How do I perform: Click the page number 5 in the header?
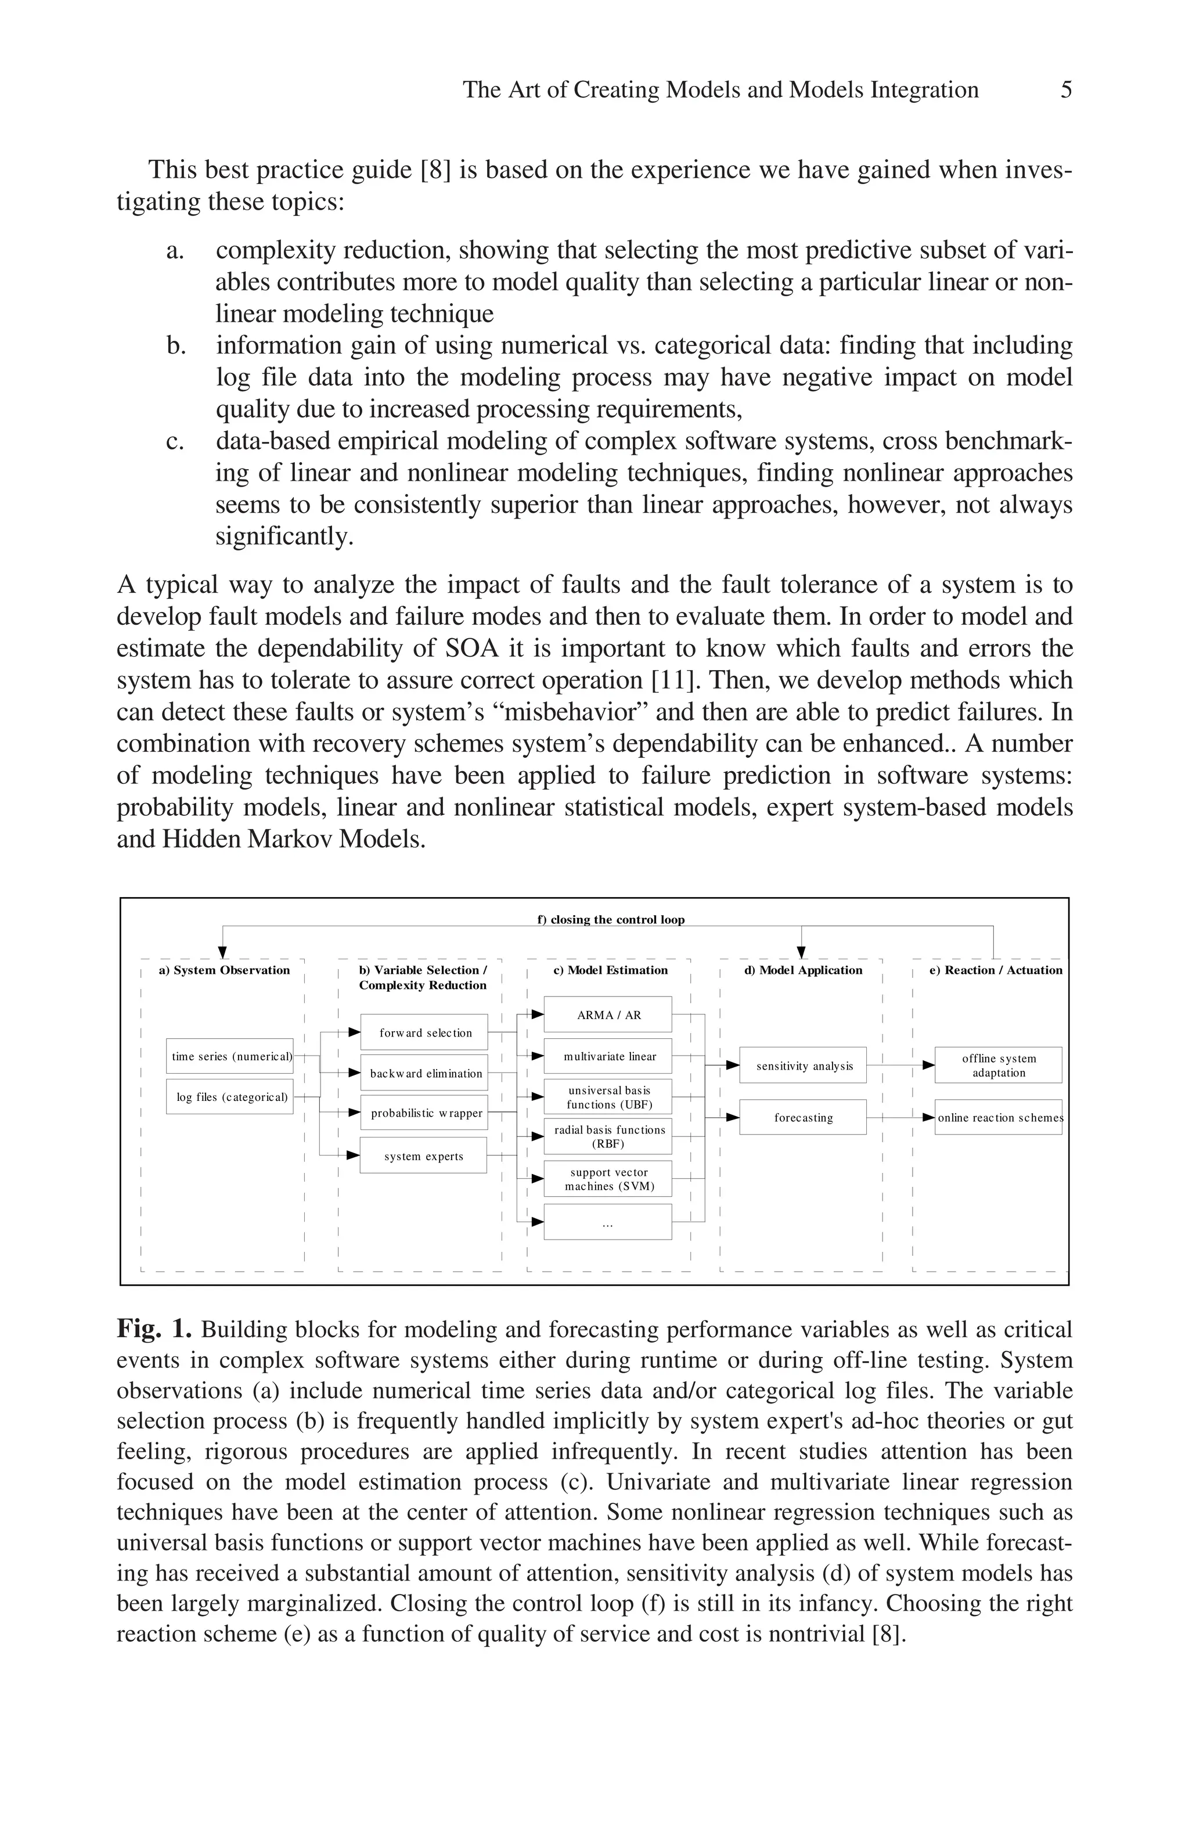1065,91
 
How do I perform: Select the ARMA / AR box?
608,1014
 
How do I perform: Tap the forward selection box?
423,1033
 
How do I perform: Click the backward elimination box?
423,1074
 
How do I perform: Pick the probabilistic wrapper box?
423,1113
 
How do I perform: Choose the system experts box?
423,1156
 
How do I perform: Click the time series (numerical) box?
230,1056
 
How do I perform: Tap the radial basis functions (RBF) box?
608,1136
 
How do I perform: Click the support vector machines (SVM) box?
608,1179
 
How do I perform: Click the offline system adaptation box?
998,1065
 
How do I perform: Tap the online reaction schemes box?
998,1117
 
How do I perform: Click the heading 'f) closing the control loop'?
610,919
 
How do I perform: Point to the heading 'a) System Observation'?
224,970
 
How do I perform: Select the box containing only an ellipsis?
608,1222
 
